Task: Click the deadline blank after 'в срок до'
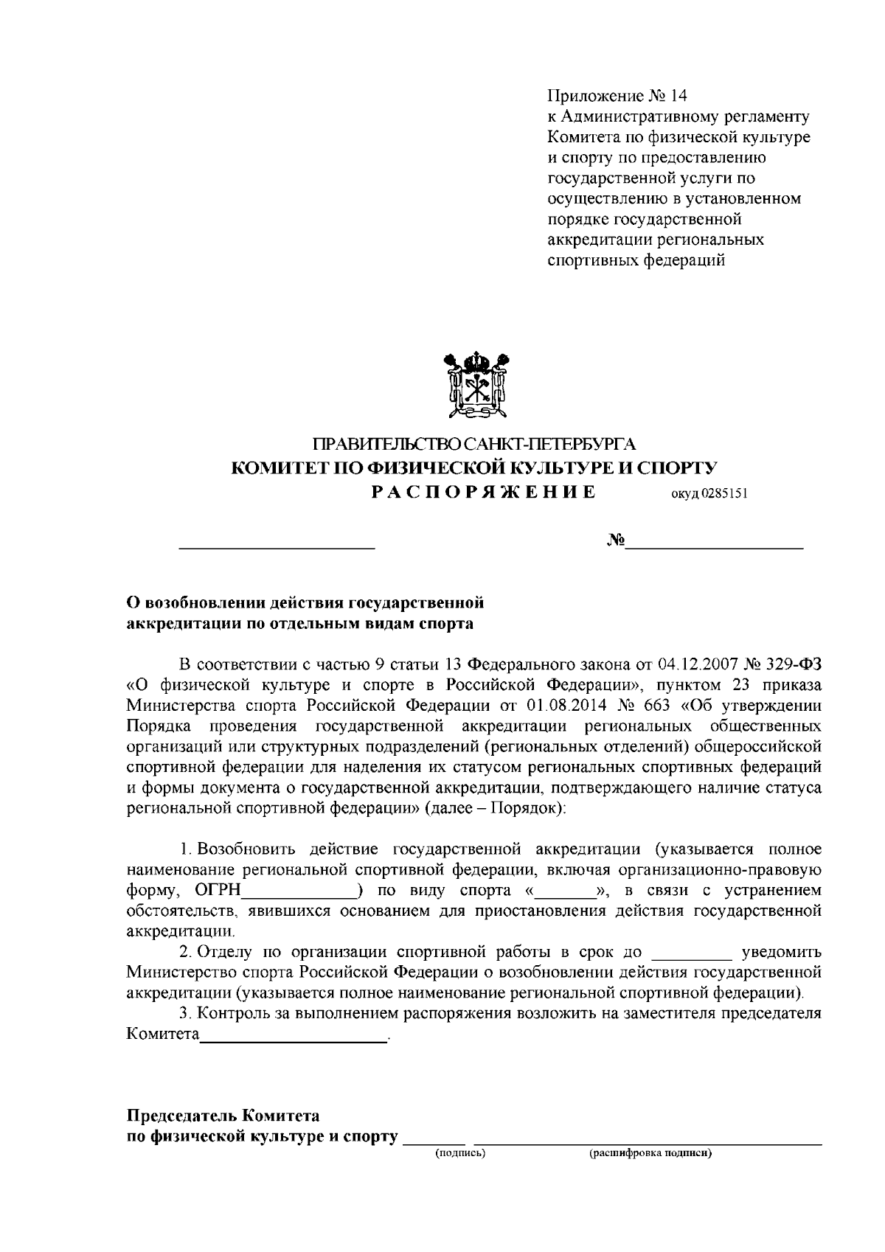click(693, 953)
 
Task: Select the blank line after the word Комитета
click(294, 1036)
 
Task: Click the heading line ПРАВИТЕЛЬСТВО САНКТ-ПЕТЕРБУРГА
click(475, 445)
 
